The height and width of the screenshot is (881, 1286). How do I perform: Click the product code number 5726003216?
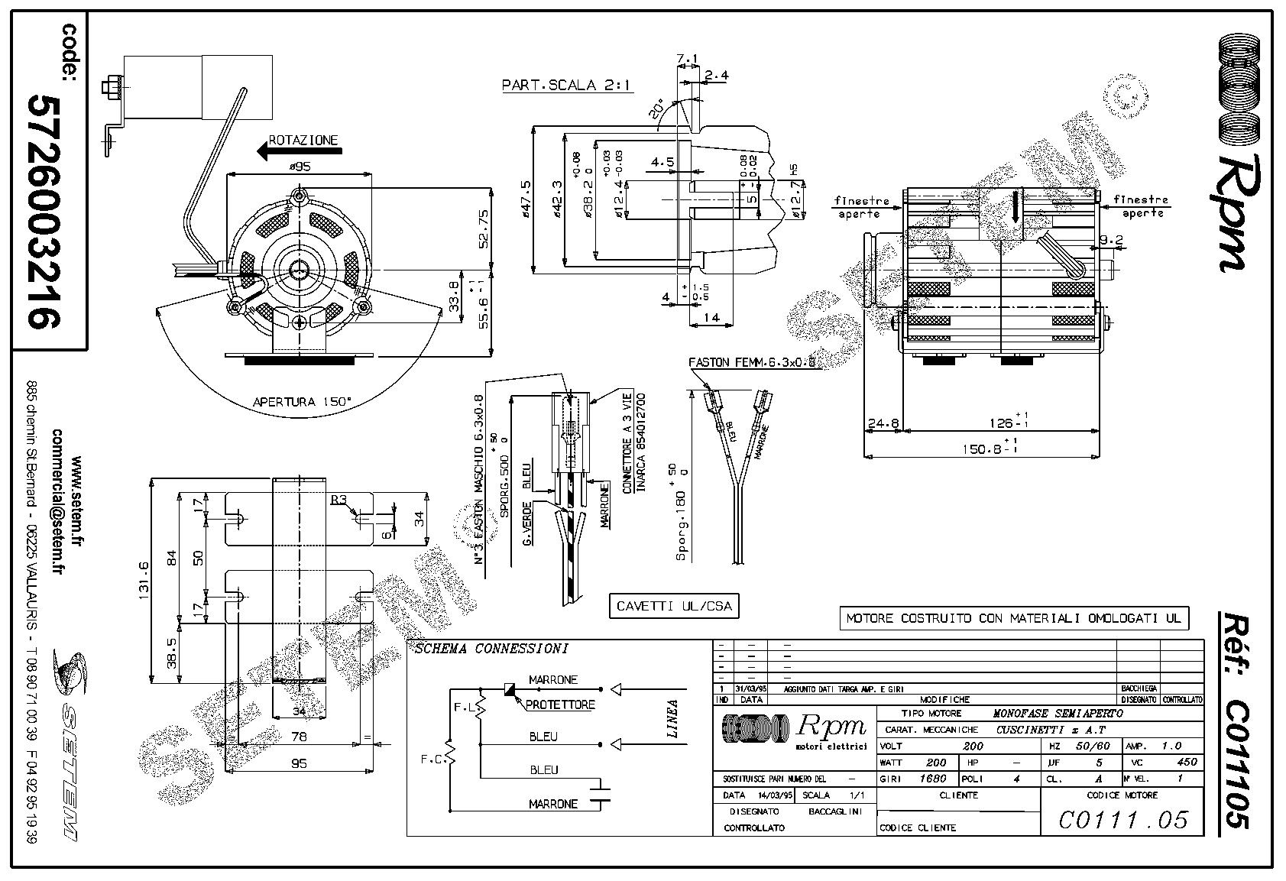point(44,212)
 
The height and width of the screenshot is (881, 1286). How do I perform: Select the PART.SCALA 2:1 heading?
point(567,86)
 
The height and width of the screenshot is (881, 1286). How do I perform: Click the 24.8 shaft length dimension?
point(883,422)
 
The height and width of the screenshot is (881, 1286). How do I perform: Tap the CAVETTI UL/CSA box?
point(674,607)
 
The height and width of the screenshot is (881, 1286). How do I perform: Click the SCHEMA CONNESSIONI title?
point(491,649)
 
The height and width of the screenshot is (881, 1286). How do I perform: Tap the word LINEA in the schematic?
point(672,719)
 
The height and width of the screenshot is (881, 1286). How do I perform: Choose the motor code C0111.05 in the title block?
point(1123,820)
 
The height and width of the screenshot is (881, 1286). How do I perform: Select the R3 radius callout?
point(338,500)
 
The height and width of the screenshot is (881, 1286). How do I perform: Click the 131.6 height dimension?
point(145,581)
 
